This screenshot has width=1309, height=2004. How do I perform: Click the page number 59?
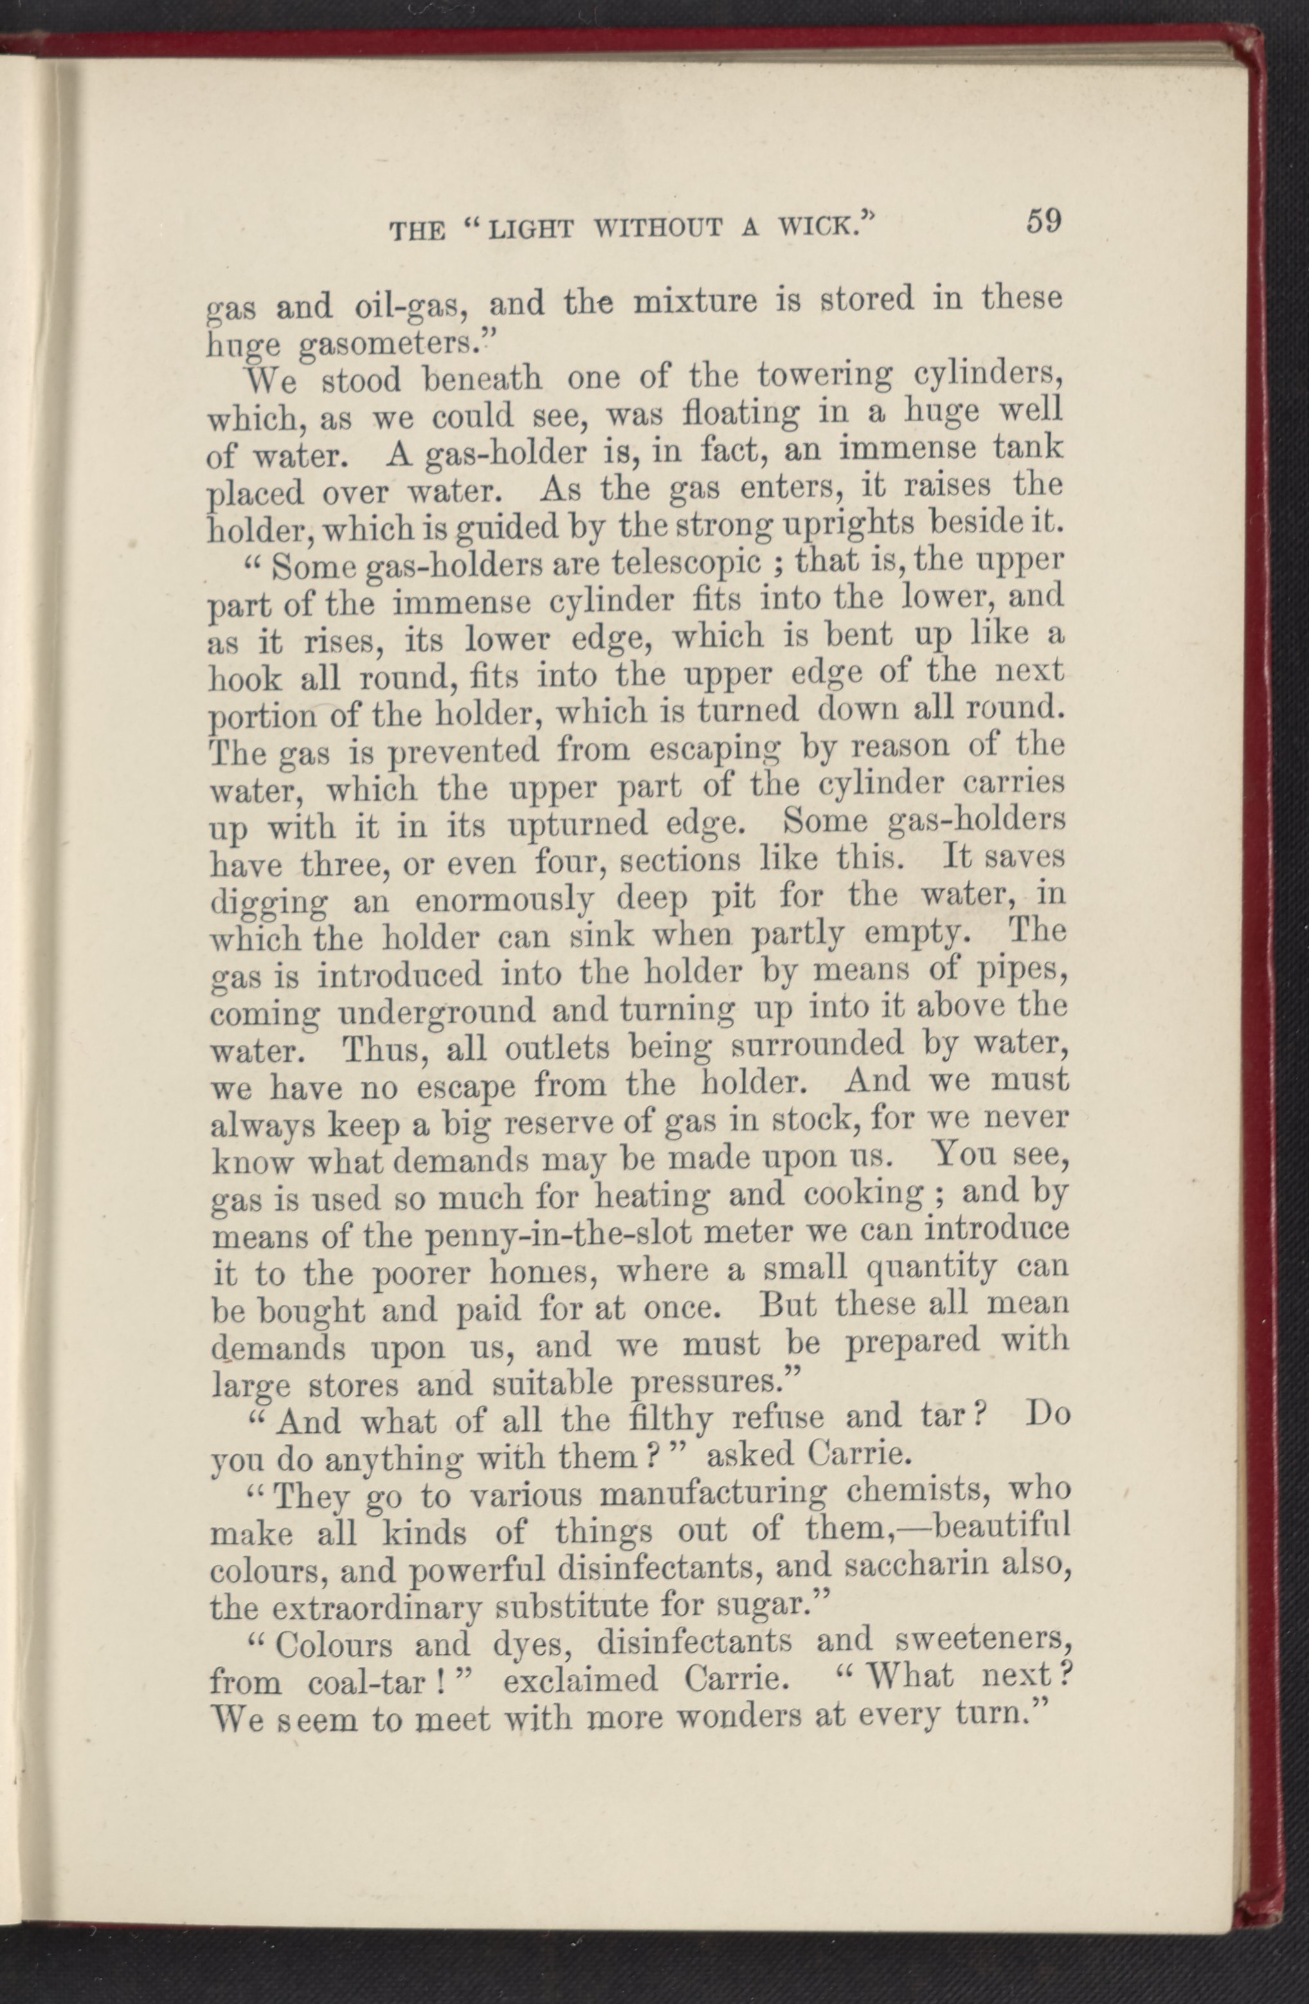[1045, 221]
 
